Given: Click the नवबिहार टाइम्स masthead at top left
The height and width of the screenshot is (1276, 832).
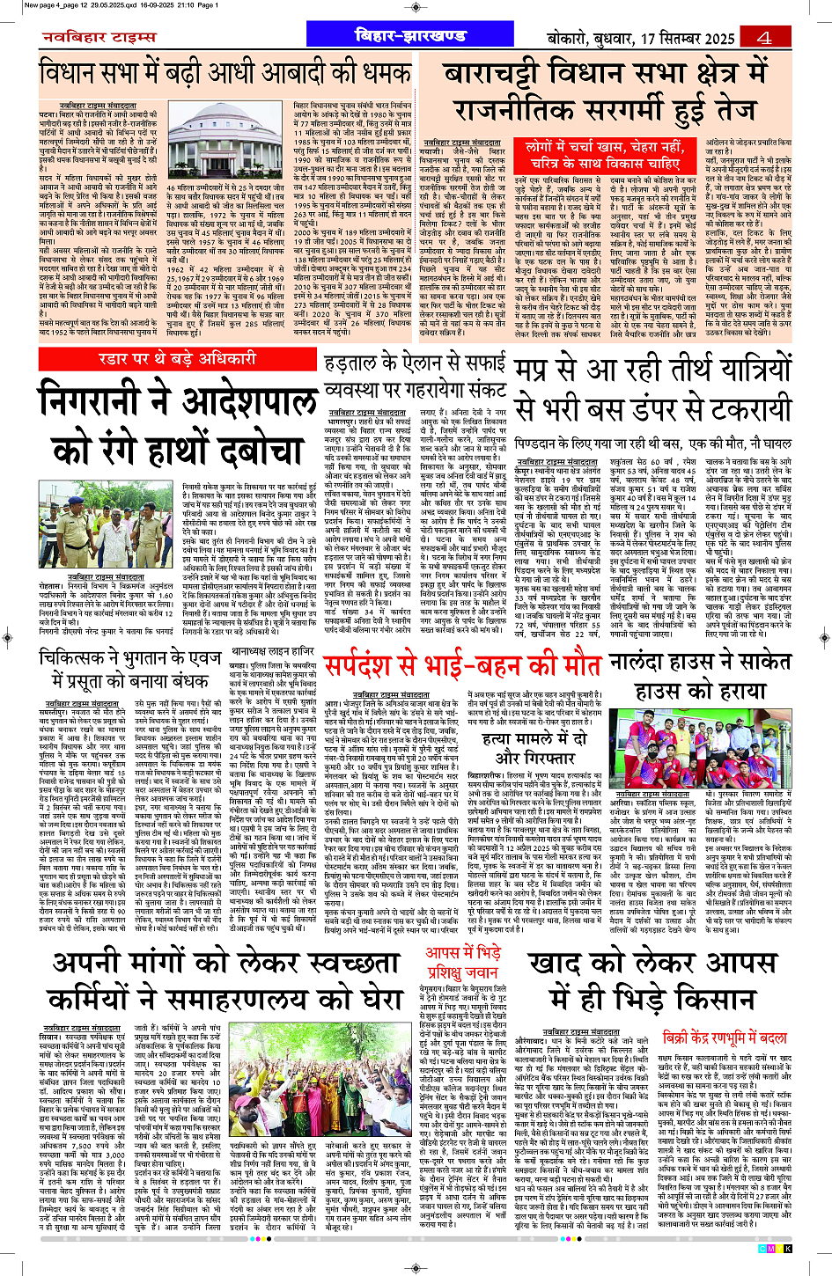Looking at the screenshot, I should pyautogui.click(x=99, y=37).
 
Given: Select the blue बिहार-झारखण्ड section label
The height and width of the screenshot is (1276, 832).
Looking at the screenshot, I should pyautogui.click(x=409, y=36).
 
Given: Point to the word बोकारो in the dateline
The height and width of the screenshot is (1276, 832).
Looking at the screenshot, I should pyautogui.click(x=573, y=38).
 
